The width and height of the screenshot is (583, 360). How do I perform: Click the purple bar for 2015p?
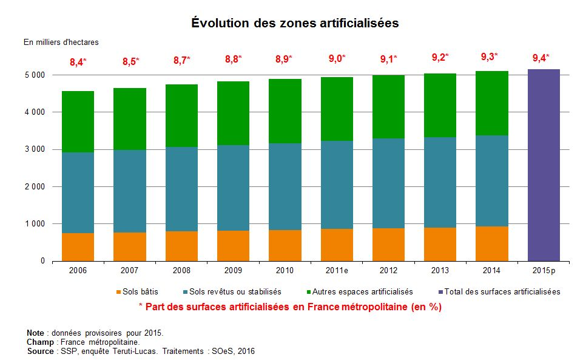pyautogui.click(x=544, y=165)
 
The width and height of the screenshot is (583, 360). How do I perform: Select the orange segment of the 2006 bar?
pyautogui.click(x=78, y=247)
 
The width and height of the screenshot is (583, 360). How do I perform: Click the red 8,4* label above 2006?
pyautogui.click(x=78, y=61)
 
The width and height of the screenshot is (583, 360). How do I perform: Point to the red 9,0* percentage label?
pyautogui.click(x=337, y=59)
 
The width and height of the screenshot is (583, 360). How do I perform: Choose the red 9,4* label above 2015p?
pyautogui.click(x=541, y=58)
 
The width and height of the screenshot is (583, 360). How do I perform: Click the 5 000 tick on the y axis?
pyautogui.click(x=35, y=75)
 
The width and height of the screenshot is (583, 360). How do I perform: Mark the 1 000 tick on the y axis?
pyautogui.click(x=35, y=224)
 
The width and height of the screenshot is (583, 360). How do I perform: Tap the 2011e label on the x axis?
pyautogui.click(x=337, y=269)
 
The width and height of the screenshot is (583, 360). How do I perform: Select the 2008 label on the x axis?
pyautogui.click(x=181, y=269)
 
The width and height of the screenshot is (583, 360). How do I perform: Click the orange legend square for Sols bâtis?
pyautogui.click(x=118, y=292)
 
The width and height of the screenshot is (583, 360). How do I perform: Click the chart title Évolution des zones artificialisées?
pyautogui.click(x=295, y=23)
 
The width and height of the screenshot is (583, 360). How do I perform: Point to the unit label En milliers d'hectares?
pyautogui.click(x=61, y=42)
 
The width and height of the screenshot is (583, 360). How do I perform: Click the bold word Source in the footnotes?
pyautogui.click(x=41, y=352)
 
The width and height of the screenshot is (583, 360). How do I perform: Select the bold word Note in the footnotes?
pyautogui.click(x=36, y=333)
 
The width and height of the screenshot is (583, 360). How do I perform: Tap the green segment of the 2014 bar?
pyautogui.click(x=492, y=103)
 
